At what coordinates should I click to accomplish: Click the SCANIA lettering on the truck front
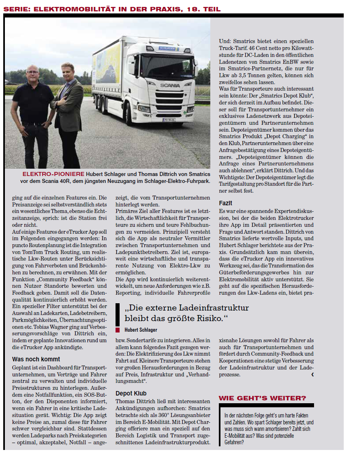pyautogui.click(x=167, y=86)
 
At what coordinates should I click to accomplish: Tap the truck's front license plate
pyautogui.click(x=168, y=120)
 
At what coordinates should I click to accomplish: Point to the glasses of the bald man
pyautogui.click(x=33, y=73)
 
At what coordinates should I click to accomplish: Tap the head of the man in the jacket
pyautogui.click(x=66, y=71)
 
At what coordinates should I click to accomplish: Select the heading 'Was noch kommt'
pyautogui.click(x=36, y=359)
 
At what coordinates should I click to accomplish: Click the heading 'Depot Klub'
pyautogui.click(x=131, y=393)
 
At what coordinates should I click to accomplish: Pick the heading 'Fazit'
pyautogui.click(x=225, y=203)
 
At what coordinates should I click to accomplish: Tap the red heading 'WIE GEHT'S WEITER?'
pyautogui.click(x=262, y=398)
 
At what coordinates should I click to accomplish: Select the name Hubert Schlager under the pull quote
pyautogui.click(x=141, y=330)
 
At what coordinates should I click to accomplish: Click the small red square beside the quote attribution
pyautogui.click(x=118, y=330)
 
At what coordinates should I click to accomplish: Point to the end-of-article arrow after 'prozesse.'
pyautogui.click(x=312, y=374)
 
